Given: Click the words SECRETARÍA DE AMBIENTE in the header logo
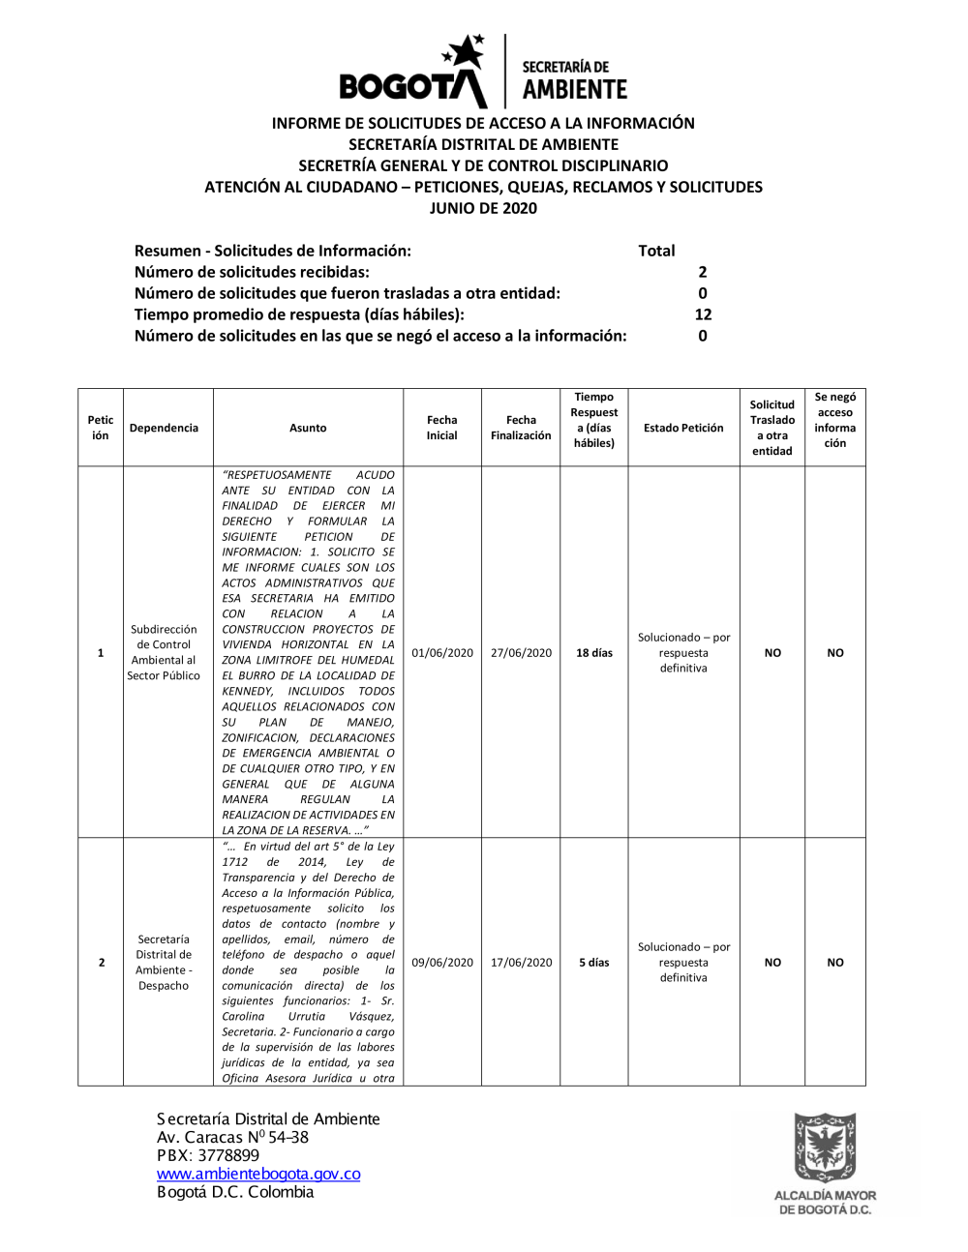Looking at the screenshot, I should coord(575,80).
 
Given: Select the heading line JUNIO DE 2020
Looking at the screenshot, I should coord(483,208).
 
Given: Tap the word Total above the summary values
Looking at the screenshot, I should coord(656,251).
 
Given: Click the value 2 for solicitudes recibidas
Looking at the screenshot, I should coord(703,272).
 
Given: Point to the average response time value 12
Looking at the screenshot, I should coord(703,314).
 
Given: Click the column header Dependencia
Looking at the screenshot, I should coord(164,428).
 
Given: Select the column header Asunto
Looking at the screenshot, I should coord(308,428).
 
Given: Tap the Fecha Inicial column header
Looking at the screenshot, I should coord(441,428).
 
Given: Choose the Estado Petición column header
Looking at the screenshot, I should coord(683,428).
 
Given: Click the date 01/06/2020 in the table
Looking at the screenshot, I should coord(442,653).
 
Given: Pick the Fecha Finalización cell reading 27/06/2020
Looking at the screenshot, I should coord(521,653).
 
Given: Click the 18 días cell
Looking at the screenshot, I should coord(594,653).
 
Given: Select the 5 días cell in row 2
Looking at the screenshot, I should coord(594,963).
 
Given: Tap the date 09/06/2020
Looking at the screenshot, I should coord(442,963).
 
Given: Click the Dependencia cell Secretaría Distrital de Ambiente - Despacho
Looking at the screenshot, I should coord(164,963).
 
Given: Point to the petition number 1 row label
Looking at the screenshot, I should coord(101,653).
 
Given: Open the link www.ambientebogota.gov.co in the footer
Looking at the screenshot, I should coord(258,1174).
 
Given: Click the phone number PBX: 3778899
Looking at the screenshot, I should coord(208,1155).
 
